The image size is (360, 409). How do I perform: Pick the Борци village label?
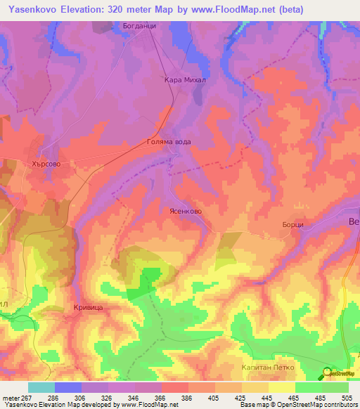click(x=292, y=223)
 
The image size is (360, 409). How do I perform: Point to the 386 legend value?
click(x=187, y=396)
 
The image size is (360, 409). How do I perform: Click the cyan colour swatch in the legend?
click(x=41, y=387)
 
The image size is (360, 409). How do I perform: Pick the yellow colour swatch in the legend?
click(x=281, y=387)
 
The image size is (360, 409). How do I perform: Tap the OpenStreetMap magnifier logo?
click(x=327, y=373)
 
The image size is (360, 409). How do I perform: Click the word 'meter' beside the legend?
click(x=11, y=396)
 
